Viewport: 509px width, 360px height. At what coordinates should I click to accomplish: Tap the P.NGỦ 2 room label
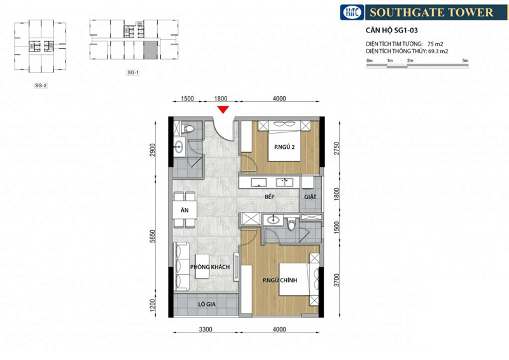(284, 147)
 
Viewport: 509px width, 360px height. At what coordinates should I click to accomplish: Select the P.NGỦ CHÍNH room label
(280, 280)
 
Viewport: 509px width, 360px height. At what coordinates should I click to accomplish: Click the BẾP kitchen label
(269, 197)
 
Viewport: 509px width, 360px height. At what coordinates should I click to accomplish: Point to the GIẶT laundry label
(310, 197)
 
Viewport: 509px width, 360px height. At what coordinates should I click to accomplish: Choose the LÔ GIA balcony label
(207, 304)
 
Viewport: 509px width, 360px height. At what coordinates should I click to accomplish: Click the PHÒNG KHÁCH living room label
(210, 267)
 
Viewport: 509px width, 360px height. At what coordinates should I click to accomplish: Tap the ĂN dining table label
(185, 210)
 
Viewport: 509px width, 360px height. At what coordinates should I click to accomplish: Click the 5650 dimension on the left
(153, 237)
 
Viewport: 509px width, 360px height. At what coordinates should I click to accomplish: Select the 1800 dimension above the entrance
(221, 99)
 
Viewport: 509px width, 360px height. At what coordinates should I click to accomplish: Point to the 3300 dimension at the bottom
(206, 329)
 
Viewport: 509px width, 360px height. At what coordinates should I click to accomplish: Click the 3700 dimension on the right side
(337, 280)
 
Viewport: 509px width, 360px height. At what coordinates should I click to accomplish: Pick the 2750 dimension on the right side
(337, 148)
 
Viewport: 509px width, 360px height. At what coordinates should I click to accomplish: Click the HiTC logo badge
(352, 12)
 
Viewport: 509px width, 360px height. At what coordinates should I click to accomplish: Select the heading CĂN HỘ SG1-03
(391, 31)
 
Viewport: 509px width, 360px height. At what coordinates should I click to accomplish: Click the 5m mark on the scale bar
(466, 60)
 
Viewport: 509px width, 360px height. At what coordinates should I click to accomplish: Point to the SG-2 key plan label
(41, 86)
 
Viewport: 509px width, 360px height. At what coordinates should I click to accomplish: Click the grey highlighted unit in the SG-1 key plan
(150, 50)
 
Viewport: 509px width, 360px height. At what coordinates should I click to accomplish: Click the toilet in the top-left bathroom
(188, 128)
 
